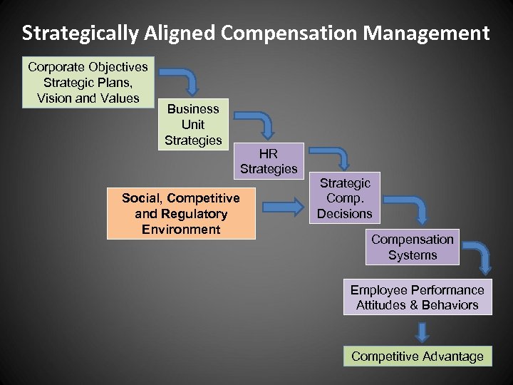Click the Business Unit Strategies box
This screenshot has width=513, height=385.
click(x=193, y=124)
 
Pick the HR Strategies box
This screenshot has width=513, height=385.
click(x=269, y=161)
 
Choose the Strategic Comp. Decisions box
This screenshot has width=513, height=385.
click(x=345, y=198)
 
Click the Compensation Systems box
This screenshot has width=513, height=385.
click(x=413, y=247)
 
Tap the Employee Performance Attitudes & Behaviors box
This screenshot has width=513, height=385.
click(x=418, y=297)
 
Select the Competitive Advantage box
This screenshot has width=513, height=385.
click(x=418, y=356)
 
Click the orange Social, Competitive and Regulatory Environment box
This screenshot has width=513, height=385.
click(x=181, y=213)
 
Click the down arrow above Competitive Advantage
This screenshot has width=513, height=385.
click(x=423, y=332)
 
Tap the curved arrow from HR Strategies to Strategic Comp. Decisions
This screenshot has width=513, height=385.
click(x=334, y=158)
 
